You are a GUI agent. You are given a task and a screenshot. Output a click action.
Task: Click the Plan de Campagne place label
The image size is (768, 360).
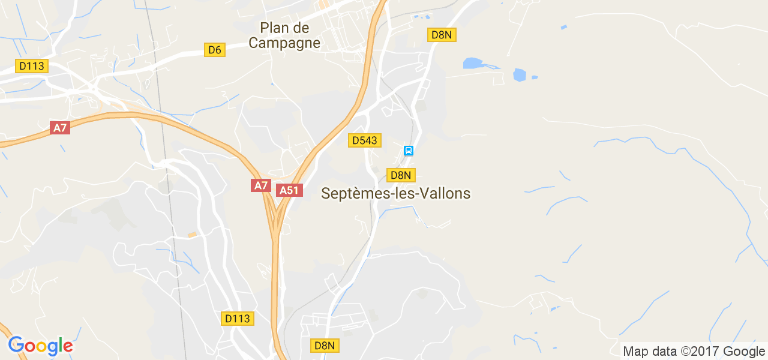(284, 35)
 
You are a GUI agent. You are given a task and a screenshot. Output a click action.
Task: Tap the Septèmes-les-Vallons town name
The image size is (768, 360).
(396, 193)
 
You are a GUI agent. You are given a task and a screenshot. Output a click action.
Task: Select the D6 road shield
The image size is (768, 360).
(215, 50)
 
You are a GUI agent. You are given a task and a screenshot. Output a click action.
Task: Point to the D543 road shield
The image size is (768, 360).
(365, 140)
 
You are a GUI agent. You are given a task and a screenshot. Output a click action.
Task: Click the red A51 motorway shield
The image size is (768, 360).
(289, 190)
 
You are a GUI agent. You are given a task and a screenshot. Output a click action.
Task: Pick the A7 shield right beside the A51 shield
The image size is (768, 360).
(261, 185)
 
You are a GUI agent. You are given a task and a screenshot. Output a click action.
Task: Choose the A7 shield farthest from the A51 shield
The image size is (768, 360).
(60, 128)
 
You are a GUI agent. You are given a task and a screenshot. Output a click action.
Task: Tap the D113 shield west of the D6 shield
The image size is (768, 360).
(32, 66)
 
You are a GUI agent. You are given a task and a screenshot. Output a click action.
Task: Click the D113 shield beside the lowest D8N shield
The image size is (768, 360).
(238, 319)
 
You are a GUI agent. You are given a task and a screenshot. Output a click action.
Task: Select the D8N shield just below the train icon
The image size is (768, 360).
(400, 175)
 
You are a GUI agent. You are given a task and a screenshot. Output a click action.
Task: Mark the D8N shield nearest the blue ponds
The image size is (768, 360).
(442, 35)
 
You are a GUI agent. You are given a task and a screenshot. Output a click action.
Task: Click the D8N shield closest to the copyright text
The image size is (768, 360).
(325, 345)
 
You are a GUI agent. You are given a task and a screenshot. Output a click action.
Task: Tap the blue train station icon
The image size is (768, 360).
(409, 151)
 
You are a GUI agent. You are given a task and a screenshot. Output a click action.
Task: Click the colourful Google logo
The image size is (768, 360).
(40, 346)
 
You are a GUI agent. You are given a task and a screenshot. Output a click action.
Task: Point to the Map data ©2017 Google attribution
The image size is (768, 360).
(694, 352)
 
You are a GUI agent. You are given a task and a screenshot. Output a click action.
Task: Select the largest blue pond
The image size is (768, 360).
(473, 63)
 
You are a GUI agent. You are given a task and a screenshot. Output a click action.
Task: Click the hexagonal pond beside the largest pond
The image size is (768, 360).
(520, 75)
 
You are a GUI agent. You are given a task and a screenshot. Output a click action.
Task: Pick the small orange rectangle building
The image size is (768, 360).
(192, 235)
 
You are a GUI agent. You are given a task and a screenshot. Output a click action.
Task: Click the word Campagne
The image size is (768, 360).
(284, 43)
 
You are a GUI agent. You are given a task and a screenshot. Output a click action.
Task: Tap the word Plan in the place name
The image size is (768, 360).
(271, 28)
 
